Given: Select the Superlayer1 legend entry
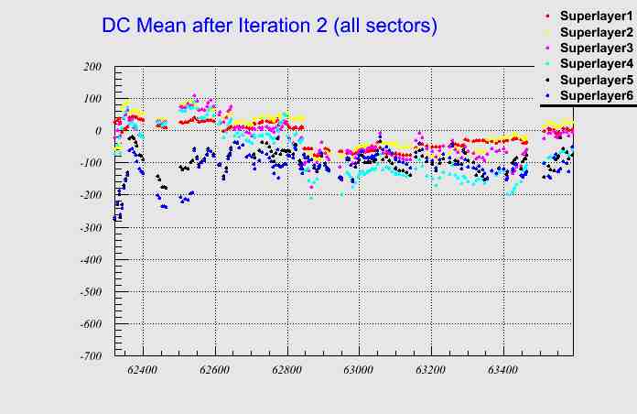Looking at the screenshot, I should pyautogui.click(x=595, y=17).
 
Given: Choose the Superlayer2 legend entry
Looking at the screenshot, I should pyautogui.click(x=595, y=33).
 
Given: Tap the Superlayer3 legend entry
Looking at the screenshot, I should pyautogui.click(x=595, y=48).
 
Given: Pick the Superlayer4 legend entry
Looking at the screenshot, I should pyautogui.click(x=595, y=63).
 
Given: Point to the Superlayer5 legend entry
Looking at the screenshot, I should pyautogui.click(x=595, y=80).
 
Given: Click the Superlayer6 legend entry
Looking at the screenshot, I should pyautogui.click(x=595, y=95).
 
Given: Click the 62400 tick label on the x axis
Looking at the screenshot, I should pyautogui.click(x=143, y=372).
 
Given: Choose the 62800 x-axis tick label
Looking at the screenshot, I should pyautogui.click(x=286, y=372).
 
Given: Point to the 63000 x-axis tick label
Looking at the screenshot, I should pyautogui.click(x=359, y=372).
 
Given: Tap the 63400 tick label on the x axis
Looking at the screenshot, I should pyautogui.click(x=502, y=372).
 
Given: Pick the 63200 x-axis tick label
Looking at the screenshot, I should pyautogui.click(x=431, y=372).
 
